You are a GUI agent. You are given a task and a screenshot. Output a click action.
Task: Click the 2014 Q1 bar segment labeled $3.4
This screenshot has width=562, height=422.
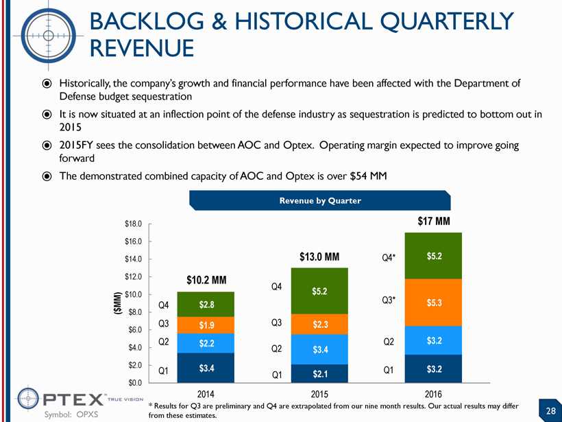tap(206, 368)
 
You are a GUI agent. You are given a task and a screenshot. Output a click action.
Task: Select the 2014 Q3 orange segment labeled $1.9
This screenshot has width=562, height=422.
tap(206, 325)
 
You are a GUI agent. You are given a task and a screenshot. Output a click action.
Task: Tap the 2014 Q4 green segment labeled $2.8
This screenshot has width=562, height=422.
tap(206, 304)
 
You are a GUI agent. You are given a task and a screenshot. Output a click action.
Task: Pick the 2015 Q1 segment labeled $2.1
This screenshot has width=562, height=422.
tap(319, 373)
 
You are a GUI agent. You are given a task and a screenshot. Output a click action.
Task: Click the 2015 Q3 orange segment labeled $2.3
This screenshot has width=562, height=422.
tap(319, 325)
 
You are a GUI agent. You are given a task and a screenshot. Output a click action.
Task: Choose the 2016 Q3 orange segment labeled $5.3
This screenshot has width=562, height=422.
tap(434, 303)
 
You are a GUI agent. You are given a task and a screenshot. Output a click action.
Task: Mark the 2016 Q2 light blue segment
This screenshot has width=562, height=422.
tap(434, 340)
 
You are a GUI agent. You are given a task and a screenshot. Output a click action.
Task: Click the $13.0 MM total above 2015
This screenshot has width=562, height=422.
tap(319, 257)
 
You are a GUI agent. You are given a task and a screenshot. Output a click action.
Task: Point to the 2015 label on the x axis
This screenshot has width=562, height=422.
tap(320, 395)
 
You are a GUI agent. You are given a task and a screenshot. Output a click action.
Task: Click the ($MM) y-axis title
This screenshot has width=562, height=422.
tap(116, 304)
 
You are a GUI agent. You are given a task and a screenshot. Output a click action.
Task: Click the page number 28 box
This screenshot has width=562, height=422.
tap(550, 410)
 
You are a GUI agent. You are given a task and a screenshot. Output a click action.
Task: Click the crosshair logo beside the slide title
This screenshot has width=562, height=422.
tap(50, 31)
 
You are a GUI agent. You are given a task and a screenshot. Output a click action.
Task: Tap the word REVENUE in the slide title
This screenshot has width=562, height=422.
tap(142, 48)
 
